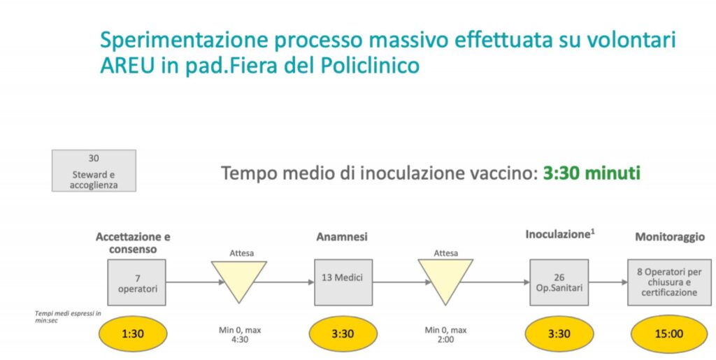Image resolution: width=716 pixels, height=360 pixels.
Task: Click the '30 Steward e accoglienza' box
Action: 94,171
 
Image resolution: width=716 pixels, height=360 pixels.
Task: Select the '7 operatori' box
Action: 138,282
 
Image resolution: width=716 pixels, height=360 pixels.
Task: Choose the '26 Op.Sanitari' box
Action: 559,282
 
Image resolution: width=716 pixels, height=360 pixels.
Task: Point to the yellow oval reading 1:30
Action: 133,333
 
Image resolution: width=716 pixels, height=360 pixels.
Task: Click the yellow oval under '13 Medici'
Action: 343,333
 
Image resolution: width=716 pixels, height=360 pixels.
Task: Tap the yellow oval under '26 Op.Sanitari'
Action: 559,333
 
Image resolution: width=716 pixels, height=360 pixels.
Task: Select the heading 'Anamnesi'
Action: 343,237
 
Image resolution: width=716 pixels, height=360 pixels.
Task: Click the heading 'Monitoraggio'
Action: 669,237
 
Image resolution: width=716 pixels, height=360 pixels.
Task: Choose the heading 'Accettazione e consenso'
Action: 133,243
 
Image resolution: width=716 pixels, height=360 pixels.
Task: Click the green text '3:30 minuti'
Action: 592,173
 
